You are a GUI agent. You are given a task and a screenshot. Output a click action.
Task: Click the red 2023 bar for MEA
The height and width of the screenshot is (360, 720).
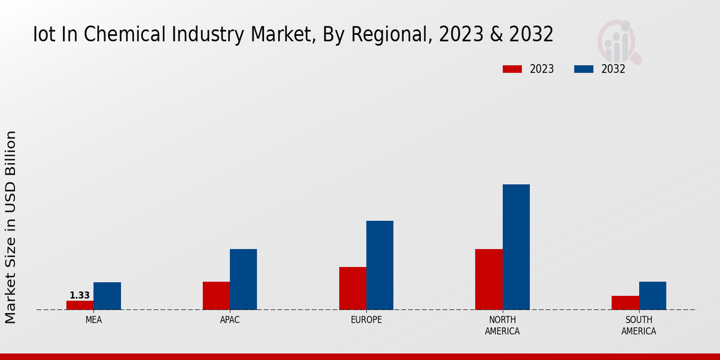pos(80,305)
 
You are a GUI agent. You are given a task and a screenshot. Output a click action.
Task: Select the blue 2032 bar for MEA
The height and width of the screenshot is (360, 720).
pos(107,296)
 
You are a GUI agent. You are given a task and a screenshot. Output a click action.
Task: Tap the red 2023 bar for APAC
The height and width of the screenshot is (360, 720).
pos(216,295)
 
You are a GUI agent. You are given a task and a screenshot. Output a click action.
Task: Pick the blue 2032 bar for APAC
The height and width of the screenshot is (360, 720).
pos(243,279)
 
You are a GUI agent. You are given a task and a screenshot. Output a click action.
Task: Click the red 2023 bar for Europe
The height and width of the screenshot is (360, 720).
pos(352,288)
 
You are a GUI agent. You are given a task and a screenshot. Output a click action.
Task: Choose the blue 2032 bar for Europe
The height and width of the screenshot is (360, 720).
pos(380,265)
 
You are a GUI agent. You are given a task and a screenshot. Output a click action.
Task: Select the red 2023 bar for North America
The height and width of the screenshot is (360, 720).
pos(488,279)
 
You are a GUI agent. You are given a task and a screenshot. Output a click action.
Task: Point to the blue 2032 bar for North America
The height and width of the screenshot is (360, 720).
pos(516,247)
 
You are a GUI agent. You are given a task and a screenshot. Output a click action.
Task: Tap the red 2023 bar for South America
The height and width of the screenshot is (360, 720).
pos(625,302)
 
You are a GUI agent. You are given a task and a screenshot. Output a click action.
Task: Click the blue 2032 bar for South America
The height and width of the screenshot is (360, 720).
pos(652,295)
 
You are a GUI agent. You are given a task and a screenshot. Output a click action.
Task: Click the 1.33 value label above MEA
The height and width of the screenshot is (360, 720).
pos(80,295)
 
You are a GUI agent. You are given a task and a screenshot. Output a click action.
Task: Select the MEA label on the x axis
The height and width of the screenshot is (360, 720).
pos(94,320)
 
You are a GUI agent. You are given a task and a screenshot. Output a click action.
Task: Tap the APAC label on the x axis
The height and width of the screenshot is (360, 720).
pos(230,320)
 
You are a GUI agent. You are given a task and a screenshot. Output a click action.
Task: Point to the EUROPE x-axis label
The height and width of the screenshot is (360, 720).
pos(366,320)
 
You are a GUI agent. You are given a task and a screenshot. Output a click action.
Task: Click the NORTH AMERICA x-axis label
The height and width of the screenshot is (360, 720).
pos(502,325)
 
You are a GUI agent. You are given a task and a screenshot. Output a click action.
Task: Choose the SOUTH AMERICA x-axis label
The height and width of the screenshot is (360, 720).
pos(638,325)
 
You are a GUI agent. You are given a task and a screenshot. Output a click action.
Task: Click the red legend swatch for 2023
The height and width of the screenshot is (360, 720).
pos(512,69)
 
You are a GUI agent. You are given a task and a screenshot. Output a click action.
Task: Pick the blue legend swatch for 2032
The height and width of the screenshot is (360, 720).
pos(583,69)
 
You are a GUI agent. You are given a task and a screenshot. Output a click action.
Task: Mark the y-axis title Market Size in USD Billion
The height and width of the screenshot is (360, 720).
pos(11,227)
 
